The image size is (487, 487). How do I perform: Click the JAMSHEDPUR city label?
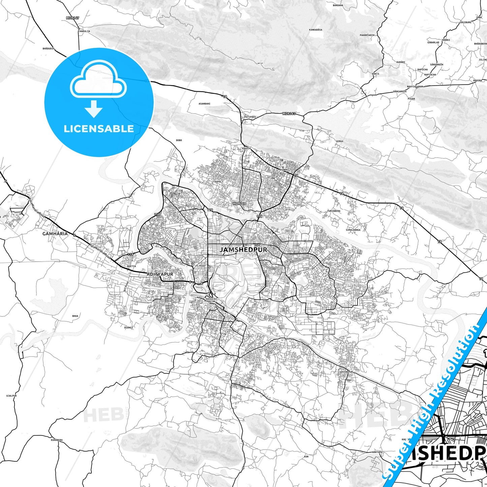pos(243,250)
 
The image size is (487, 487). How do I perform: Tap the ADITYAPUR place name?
pos(160,274)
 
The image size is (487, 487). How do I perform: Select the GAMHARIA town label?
pos(55,234)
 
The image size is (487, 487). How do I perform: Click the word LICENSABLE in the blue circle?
pos(99,128)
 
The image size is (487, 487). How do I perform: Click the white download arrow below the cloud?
pos(94,109)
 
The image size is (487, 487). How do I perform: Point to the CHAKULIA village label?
pos(84,31)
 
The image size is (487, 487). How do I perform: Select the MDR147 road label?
pos(72,18)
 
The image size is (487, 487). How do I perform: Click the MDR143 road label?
pos(289,114)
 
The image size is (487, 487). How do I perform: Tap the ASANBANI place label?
pos(204,103)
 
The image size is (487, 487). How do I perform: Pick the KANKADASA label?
pos(315,30)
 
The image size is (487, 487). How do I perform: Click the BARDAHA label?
pos(338,5)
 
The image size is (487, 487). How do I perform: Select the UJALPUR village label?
pos(11,396)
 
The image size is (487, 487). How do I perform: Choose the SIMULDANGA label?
pos(353,230)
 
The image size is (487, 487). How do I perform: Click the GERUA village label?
pos(339,141)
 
